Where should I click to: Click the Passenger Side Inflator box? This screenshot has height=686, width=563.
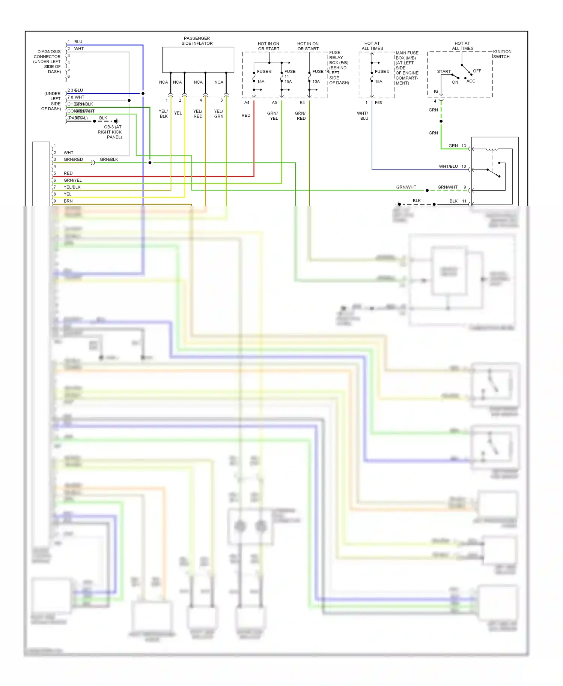(198, 60)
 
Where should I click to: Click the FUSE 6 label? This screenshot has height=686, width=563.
(264, 71)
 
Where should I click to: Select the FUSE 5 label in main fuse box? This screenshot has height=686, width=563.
(382, 71)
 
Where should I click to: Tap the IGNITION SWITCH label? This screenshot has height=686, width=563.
(502, 54)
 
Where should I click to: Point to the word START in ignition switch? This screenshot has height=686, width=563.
(444, 71)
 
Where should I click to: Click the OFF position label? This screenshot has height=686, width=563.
(477, 71)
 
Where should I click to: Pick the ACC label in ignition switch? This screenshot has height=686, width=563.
(471, 81)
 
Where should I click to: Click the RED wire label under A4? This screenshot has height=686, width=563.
(246, 115)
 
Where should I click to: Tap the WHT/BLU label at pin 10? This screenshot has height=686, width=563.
(448, 166)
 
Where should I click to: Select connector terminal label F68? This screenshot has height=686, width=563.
(378, 102)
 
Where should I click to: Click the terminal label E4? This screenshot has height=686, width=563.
(302, 102)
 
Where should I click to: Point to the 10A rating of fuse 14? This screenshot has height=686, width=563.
(316, 81)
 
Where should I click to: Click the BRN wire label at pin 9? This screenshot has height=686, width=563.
(68, 201)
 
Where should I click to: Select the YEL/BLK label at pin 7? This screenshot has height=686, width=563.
(72, 187)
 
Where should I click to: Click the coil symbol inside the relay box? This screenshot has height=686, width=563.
(492, 149)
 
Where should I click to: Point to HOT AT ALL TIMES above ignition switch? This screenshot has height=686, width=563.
(462, 46)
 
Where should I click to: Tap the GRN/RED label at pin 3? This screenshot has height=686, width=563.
(73, 159)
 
